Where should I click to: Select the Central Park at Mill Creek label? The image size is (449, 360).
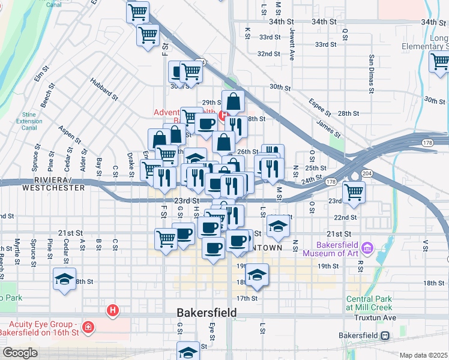tap(369, 303)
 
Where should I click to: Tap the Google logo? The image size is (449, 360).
tap(19, 353)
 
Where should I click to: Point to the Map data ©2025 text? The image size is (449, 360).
tap(423, 355)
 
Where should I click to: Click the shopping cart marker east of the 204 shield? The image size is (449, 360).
tap(354, 192)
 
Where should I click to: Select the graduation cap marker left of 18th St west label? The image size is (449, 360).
tap(65, 278)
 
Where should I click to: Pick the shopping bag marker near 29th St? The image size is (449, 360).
tap(233, 102)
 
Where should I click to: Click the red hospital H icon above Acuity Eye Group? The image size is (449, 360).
tap(112, 310)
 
